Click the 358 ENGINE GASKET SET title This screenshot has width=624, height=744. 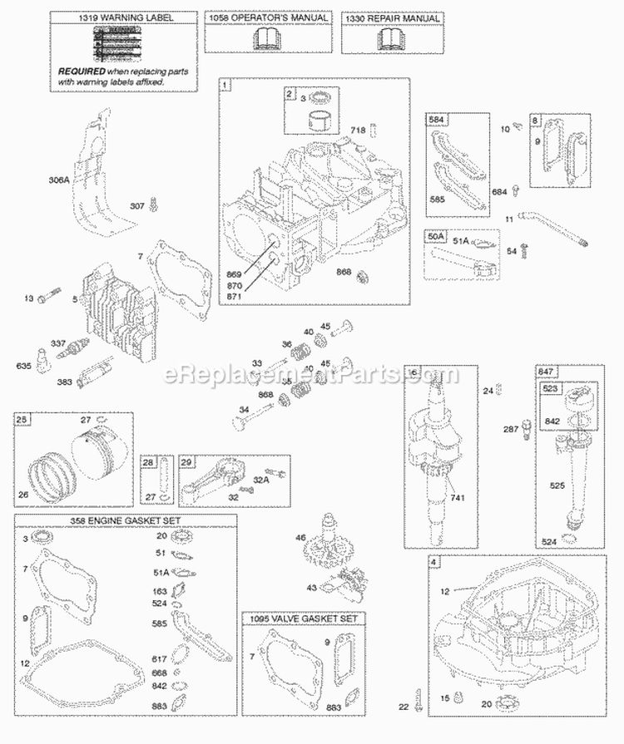click(126, 520)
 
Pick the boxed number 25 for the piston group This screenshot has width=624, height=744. click(22, 419)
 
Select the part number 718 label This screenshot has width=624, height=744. click(357, 129)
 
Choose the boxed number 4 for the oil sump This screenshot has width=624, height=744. click(434, 562)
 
